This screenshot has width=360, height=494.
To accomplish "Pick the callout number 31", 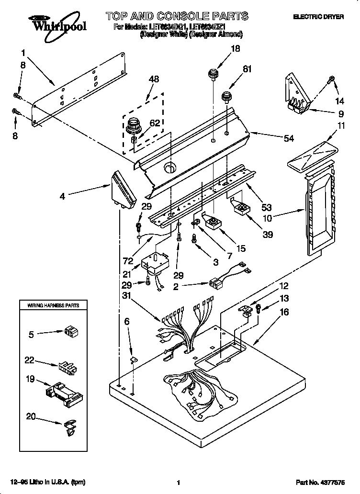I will [x=125, y=295].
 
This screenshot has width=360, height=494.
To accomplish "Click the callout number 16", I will [x=284, y=312].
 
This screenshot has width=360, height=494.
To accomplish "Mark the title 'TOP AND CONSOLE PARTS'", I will [x=177, y=16].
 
